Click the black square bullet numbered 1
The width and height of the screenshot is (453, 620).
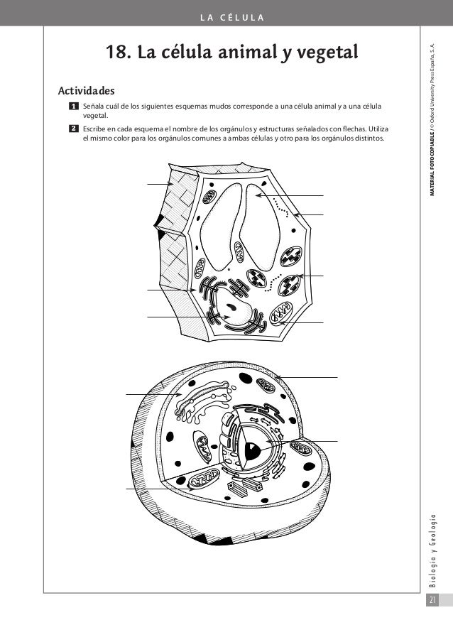pyautogui.click(x=73, y=106)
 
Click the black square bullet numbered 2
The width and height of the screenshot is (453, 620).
pyautogui.click(x=73, y=128)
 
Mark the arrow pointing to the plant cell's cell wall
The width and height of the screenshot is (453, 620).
pyautogui.click(x=159, y=185)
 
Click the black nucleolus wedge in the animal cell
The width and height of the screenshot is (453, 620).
pyautogui.click(x=250, y=448)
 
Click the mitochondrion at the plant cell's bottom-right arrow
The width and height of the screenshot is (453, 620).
pyautogui.click(x=281, y=312)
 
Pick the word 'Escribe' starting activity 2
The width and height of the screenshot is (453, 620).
pyautogui.click(x=95, y=128)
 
